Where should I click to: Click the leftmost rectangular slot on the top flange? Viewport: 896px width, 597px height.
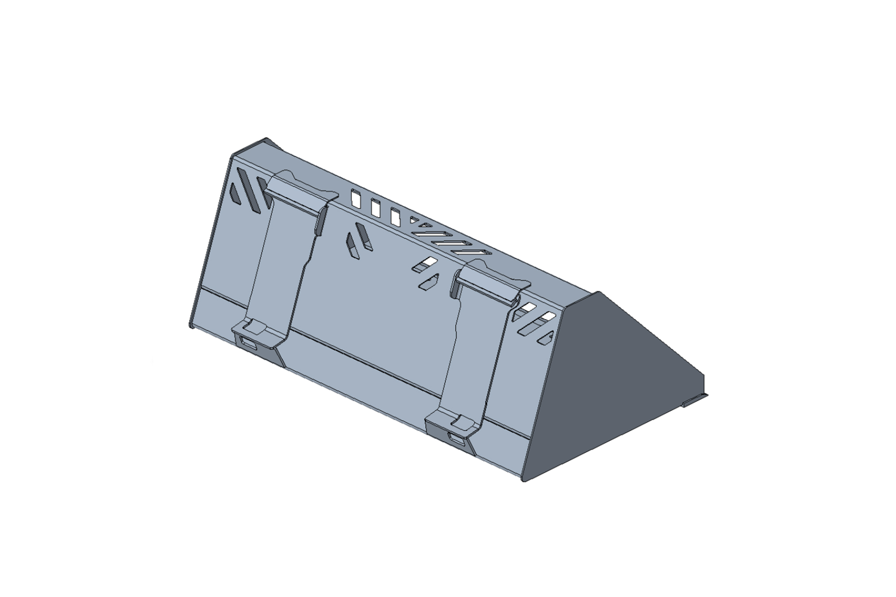click(355, 198)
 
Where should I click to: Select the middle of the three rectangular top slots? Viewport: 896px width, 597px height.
click(375, 207)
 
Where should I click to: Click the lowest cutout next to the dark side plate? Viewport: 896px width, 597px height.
click(545, 337)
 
